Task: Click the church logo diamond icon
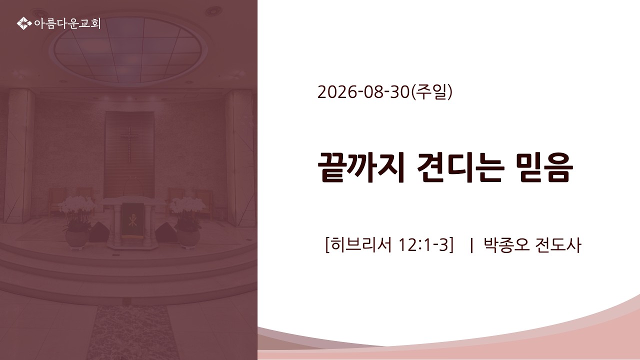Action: (x=24, y=23)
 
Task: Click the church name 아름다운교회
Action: (x=67, y=23)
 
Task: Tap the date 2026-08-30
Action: (x=363, y=92)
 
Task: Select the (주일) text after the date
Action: (x=431, y=92)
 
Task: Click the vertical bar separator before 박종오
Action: (x=471, y=245)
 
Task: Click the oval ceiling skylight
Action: (x=128, y=49)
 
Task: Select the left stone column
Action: (x=19, y=155)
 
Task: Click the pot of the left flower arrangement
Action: (x=77, y=239)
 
